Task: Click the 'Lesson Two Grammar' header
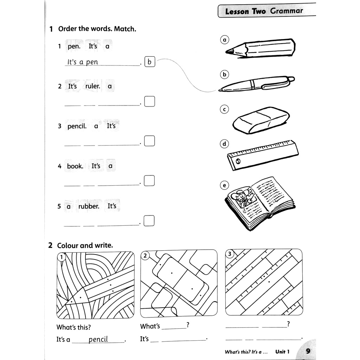pos(264,11)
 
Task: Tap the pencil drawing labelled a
pos(260,49)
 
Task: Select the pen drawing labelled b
pos(257,84)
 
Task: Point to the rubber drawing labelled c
pos(261,121)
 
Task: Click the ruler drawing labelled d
pos(263,155)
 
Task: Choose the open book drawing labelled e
pos(260,203)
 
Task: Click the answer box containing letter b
pos(149,62)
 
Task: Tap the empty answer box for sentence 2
pos(149,101)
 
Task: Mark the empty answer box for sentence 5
pos(149,221)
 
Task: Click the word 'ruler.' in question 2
pos(93,86)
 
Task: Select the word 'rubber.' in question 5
pos(89,206)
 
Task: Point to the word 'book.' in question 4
pos(75,166)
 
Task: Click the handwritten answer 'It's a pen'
pos(83,62)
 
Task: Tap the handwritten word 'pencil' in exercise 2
pos(98,340)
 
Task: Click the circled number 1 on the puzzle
pos(62,257)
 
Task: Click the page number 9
pos(308,351)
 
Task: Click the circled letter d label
pos(224,144)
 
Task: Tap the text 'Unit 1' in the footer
pos(282,352)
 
